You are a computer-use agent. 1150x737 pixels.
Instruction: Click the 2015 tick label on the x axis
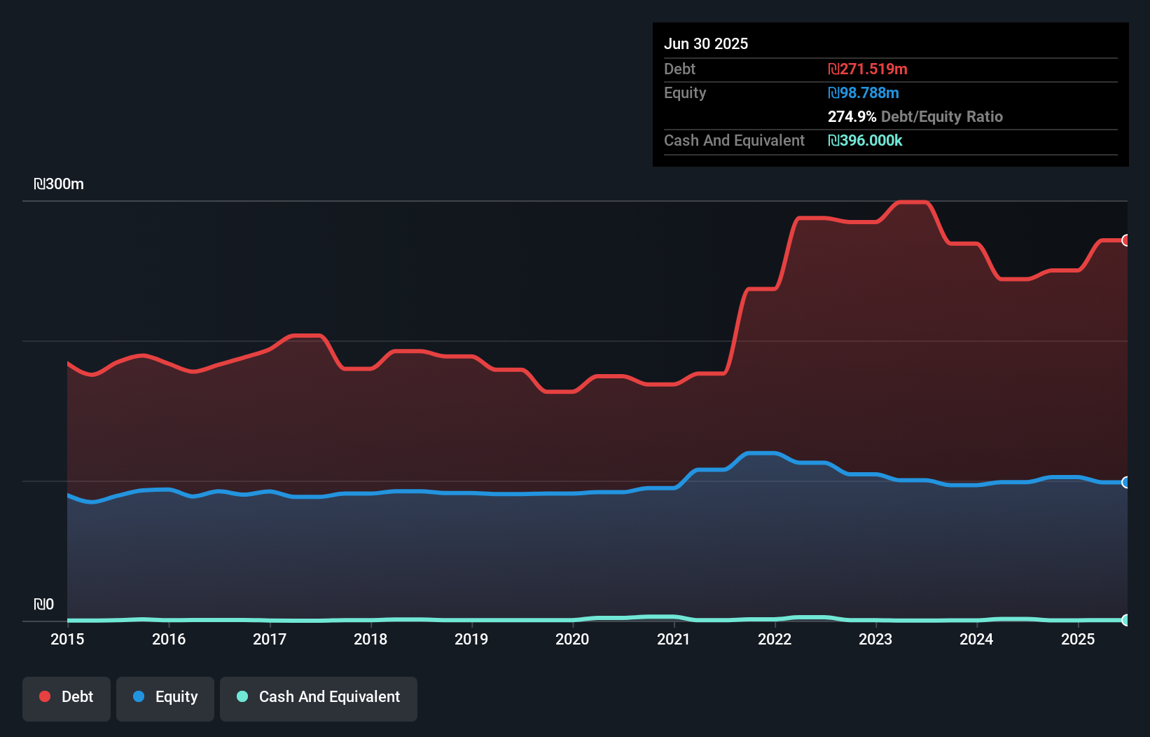pyautogui.click(x=67, y=639)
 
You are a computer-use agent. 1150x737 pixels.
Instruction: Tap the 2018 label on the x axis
pyautogui.click(x=370, y=639)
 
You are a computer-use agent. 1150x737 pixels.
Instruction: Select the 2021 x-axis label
pyautogui.click(x=673, y=639)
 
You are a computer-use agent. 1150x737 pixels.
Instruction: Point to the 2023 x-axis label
pyautogui.click(x=875, y=639)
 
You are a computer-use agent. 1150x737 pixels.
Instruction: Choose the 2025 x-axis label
pyautogui.click(x=1077, y=639)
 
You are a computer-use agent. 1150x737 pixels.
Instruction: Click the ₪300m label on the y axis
pyautogui.click(x=59, y=184)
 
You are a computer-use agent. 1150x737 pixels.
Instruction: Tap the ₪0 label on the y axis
pyautogui.click(x=43, y=604)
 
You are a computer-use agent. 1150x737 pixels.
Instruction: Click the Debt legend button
pyautogui.click(x=67, y=697)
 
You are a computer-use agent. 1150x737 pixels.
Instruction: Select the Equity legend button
pyautogui.click(x=165, y=697)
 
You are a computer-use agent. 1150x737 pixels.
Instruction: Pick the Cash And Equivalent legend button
pyautogui.click(x=319, y=697)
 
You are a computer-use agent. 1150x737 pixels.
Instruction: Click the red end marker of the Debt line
pyautogui.click(x=1125, y=240)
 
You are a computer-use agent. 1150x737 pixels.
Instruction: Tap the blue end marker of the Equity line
pyautogui.click(x=1125, y=482)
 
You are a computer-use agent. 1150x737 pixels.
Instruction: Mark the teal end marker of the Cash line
pyautogui.click(x=1125, y=620)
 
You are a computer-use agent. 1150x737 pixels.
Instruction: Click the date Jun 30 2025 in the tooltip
pyautogui.click(x=706, y=43)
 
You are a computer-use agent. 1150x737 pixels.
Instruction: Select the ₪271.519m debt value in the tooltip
pyautogui.click(x=867, y=69)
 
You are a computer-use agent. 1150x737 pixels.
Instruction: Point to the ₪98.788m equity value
pyautogui.click(x=863, y=92)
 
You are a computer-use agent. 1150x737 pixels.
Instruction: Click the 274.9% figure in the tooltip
pyautogui.click(x=852, y=116)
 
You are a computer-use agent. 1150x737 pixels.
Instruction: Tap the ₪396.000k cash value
pyautogui.click(x=865, y=140)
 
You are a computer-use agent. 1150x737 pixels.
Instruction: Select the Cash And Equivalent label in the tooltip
pyautogui.click(x=734, y=140)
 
